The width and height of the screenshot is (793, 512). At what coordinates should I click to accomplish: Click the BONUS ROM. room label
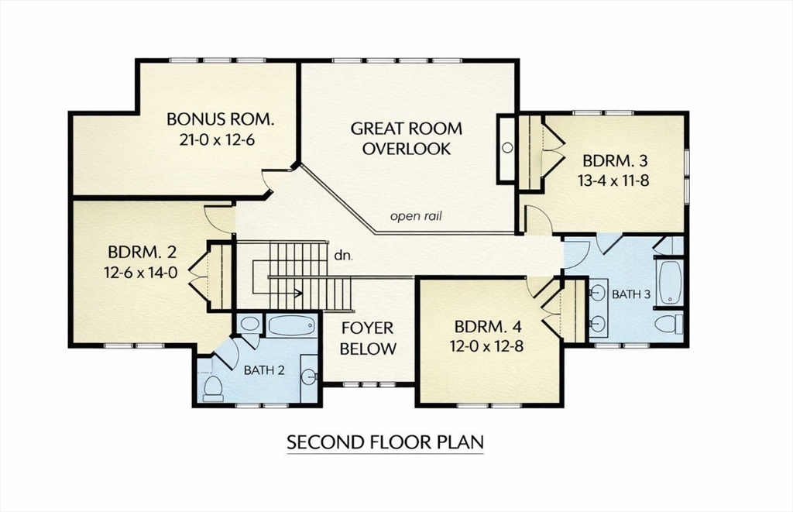pyautogui.click(x=221, y=119)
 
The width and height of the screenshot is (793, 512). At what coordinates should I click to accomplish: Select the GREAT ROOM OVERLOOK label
pyautogui.click(x=407, y=139)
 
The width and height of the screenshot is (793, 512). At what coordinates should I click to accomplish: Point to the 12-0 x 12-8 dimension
pyautogui.click(x=488, y=346)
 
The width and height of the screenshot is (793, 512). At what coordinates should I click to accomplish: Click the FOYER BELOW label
pyautogui.click(x=368, y=338)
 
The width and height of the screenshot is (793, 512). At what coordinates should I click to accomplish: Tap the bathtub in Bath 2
pyautogui.click(x=291, y=325)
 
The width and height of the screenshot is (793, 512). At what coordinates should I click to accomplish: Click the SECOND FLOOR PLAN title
pyautogui.click(x=385, y=442)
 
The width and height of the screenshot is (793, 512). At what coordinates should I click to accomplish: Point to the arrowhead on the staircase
pyautogui.click(x=297, y=293)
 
